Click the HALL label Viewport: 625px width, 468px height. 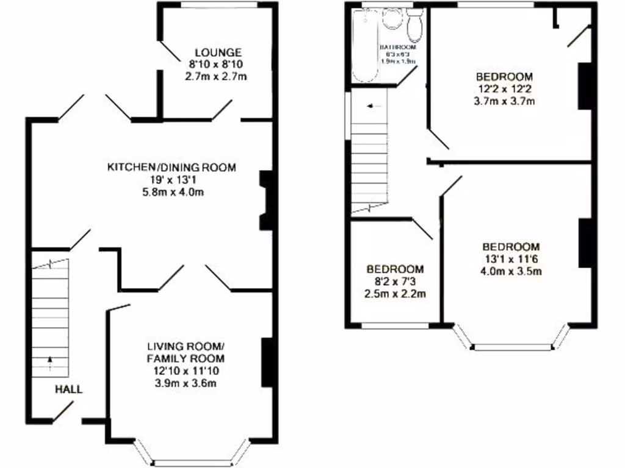69,389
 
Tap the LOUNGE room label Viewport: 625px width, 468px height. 218,52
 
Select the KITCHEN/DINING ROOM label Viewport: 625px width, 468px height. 172,167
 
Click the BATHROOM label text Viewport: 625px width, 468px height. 398,47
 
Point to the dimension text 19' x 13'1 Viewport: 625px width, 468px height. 172,180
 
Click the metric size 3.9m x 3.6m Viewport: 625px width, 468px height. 186,383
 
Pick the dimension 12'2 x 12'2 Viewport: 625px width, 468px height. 504,89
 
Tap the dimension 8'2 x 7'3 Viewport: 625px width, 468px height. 395,281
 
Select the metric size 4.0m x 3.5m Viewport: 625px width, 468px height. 511,271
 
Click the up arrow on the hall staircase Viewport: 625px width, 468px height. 49,364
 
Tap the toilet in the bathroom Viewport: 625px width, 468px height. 415,24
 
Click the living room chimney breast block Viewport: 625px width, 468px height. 267,363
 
